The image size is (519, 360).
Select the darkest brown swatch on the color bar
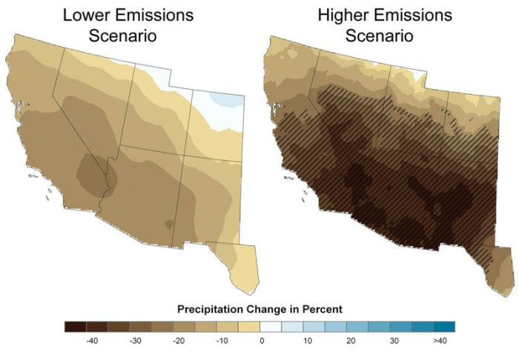pos(74,326)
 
